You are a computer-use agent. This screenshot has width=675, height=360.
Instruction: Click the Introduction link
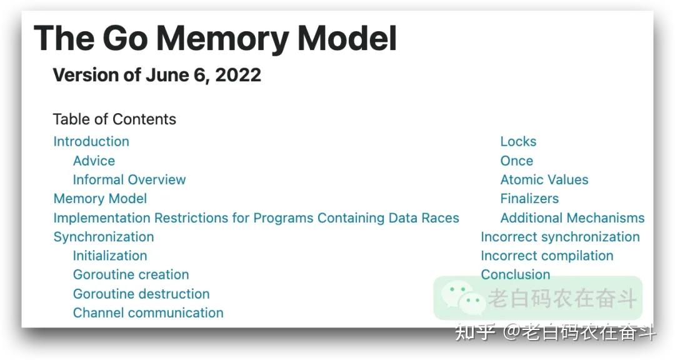(x=91, y=141)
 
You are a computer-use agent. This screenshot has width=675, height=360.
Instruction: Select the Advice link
(x=94, y=161)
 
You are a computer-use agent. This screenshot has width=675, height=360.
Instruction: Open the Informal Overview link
(x=129, y=179)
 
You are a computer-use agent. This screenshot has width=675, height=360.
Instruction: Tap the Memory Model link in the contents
(x=100, y=199)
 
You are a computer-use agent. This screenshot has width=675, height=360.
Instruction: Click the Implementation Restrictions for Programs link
(x=256, y=218)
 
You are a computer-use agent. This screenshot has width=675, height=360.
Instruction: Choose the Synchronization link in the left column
(x=104, y=237)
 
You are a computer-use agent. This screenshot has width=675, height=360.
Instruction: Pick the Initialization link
(x=110, y=256)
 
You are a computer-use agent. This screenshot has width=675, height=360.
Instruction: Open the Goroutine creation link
(x=131, y=274)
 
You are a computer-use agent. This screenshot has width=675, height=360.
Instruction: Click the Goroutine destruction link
(x=141, y=294)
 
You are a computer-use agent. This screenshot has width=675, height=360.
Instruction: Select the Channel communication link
(x=148, y=312)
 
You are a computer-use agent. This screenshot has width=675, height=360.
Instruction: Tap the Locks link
(x=518, y=141)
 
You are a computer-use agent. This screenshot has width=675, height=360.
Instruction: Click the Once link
(x=517, y=161)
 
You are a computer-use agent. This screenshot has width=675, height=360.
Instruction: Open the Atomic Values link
(x=544, y=179)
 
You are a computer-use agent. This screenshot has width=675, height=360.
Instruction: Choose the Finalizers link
(x=529, y=199)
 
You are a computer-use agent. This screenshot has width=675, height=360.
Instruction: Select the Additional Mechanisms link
(x=572, y=218)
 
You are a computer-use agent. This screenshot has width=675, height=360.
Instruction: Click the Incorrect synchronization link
(x=560, y=237)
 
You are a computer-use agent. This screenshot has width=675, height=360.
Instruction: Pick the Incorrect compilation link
(x=547, y=256)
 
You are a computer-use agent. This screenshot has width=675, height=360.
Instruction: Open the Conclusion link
(x=516, y=274)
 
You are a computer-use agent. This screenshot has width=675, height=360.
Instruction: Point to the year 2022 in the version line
(x=240, y=75)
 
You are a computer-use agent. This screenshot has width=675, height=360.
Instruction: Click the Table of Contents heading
(x=114, y=119)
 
